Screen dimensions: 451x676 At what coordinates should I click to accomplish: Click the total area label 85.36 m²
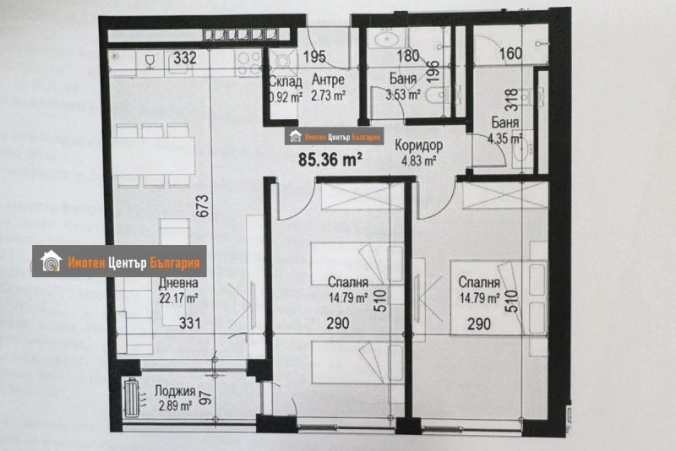click(x=330, y=157)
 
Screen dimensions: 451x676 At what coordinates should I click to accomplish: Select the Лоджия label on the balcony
click(x=175, y=392)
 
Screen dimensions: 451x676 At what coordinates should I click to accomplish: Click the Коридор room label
click(x=421, y=144)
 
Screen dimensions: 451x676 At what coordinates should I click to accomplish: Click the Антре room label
click(x=328, y=82)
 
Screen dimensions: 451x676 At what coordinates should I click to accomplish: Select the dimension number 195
click(x=313, y=57)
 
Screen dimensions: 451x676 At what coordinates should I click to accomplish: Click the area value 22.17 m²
click(x=177, y=297)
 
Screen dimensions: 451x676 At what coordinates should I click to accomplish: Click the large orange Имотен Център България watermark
click(x=120, y=261)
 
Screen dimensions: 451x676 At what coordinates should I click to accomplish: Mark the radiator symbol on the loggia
click(x=132, y=397)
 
